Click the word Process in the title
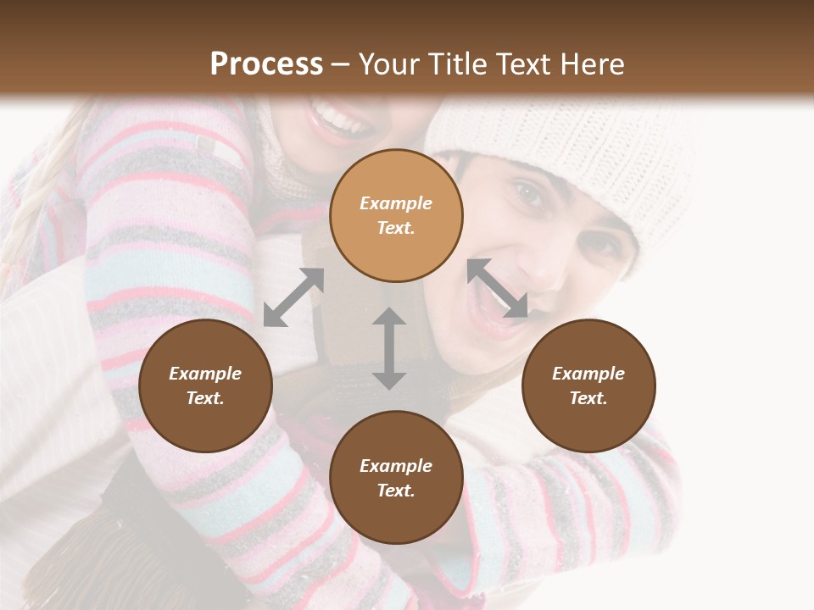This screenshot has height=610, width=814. (266, 64)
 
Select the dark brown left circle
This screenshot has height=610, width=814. (205, 424)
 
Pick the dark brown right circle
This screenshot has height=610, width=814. (588, 424)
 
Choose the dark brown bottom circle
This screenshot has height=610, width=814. (396, 517)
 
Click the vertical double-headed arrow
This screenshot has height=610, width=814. (389, 348)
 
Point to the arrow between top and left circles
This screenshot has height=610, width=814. (293, 297)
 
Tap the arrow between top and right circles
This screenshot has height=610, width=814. (497, 288)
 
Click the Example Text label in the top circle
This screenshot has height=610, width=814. (396, 215)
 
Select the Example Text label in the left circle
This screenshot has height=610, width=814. (205, 385)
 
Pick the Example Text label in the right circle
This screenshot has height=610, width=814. (588, 385)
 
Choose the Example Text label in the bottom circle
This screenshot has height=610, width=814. (396, 478)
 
